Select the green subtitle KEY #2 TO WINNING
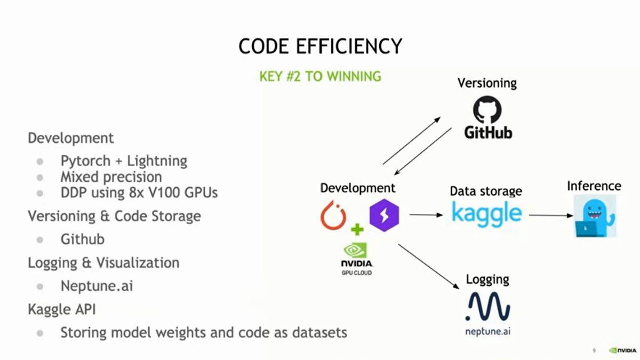pos(320,76)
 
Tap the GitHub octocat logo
pos(487,110)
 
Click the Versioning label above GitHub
pos(487,83)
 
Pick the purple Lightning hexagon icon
pos(384,214)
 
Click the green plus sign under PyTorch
pos(357,230)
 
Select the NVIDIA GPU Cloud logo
pos(357,259)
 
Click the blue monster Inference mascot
pos(595,215)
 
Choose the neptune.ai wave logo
pos(487,308)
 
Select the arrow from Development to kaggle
pos(426,215)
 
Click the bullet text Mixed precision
pos(111,177)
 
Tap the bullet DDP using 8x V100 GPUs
pos(139,193)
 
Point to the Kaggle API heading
pos(62,309)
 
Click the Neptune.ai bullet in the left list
pos(97,286)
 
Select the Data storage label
pos(486,191)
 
